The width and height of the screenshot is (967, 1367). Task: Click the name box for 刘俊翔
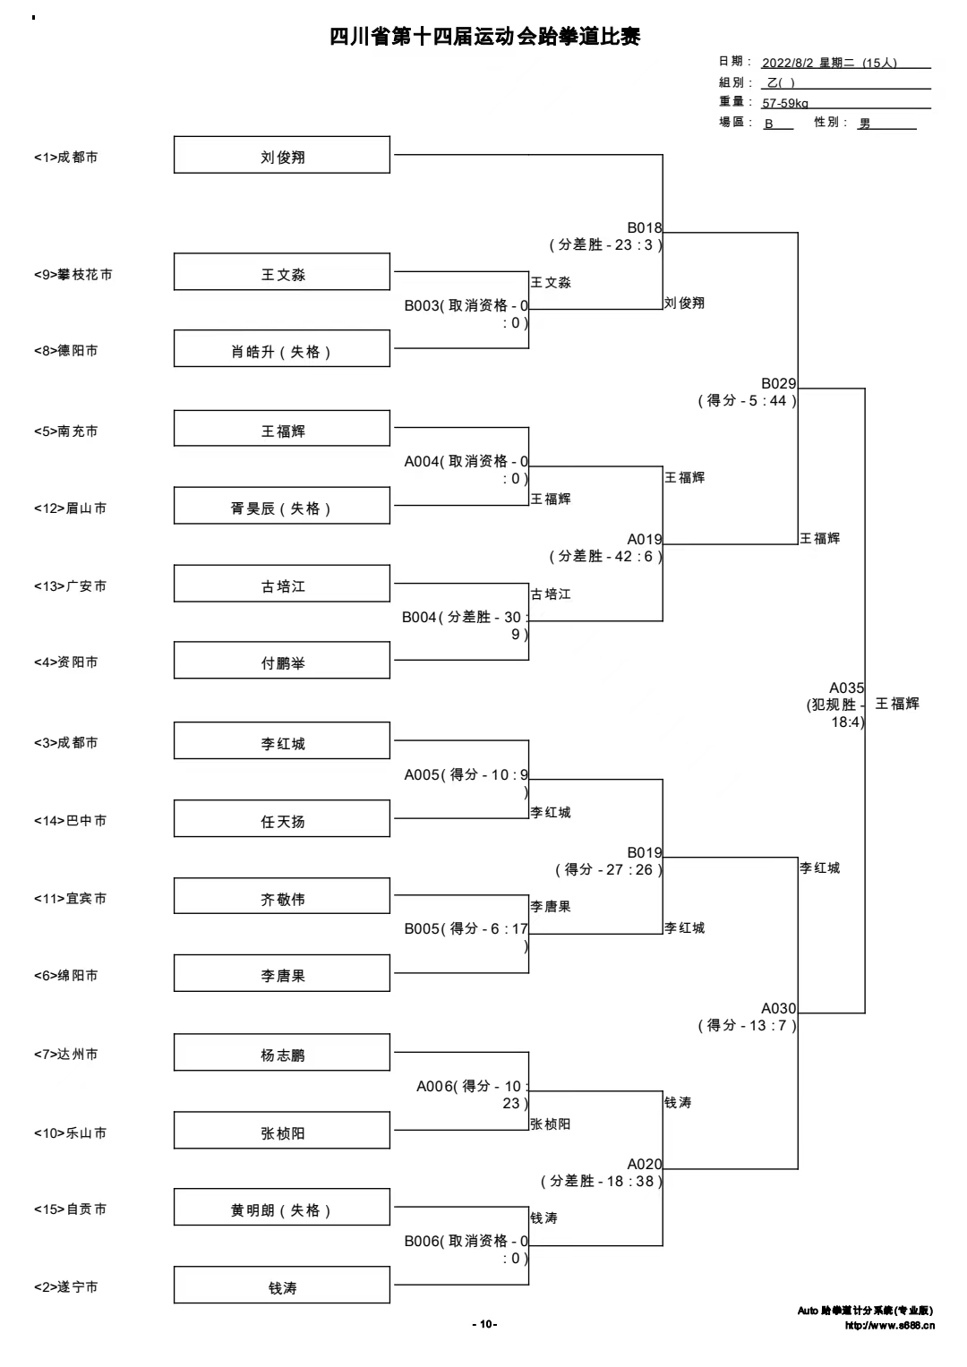click(282, 154)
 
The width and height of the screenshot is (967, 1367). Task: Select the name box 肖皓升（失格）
click(282, 348)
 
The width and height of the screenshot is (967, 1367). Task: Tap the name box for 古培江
click(282, 584)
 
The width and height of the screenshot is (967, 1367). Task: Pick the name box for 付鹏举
click(282, 660)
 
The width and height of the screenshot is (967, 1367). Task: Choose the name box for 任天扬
click(282, 818)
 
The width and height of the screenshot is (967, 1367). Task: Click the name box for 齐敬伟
click(282, 896)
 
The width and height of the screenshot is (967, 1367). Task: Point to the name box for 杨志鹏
click(282, 1052)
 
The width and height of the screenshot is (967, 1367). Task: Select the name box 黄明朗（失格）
click(282, 1207)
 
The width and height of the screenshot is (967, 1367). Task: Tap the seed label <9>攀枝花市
click(73, 275)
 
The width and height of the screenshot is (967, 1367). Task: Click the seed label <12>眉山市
click(70, 508)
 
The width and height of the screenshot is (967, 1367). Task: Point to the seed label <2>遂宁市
click(66, 1286)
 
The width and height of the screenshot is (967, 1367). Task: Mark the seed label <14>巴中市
click(70, 821)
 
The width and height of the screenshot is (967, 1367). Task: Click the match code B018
click(645, 228)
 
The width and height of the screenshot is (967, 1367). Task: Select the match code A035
click(846, 688)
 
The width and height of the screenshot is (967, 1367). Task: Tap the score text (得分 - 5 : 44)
click(748, 401)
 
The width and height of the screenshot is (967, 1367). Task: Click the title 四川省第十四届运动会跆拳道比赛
click(484, 37)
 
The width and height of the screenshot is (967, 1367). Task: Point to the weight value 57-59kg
click(785, 103)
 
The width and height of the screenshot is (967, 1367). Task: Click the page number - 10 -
click(484, 1324)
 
